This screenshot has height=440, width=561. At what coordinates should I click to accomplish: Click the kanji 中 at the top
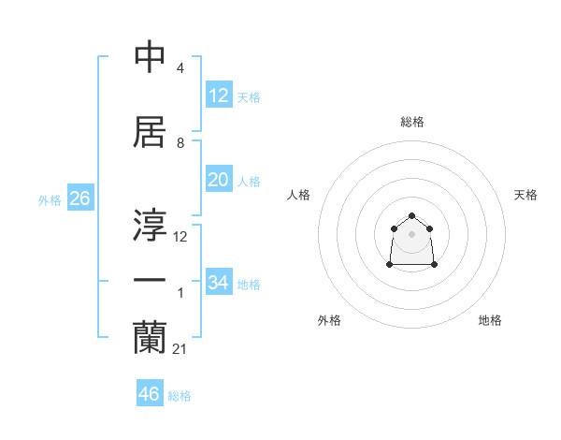pos(150,58)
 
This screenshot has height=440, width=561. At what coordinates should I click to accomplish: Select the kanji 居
pos(150,132)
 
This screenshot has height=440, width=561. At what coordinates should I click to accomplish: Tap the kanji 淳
pos(150,226)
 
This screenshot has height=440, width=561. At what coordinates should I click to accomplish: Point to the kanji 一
pos(150,282)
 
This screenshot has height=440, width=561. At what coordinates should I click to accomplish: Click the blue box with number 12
pos(218,95)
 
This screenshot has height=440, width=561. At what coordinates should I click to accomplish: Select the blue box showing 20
pos(218,180)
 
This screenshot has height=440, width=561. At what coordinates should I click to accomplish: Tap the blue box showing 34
pos(218,283)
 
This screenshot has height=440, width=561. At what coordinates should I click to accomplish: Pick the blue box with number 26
pos(79,198)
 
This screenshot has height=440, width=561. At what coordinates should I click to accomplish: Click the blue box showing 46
pos(150,394)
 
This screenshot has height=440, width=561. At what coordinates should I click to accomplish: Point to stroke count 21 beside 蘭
pos(180,349)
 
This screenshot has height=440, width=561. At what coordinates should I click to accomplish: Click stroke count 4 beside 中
pos(180,68)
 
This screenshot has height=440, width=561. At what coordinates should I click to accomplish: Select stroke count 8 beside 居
pos(180,143)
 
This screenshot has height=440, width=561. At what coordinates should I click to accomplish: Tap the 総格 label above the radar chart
pos(411,122)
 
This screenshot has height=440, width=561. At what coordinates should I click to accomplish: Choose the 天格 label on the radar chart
pos(525,195)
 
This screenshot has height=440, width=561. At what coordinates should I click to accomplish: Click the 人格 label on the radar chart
pos(298,195)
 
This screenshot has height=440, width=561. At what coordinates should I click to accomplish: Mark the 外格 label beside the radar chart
pos(329,320)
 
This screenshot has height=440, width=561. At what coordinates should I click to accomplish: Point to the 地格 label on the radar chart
pos(490,320)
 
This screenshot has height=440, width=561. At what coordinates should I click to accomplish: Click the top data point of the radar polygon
pos(411,216)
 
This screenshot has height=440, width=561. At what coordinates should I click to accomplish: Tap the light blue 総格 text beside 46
pos(180,396)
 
